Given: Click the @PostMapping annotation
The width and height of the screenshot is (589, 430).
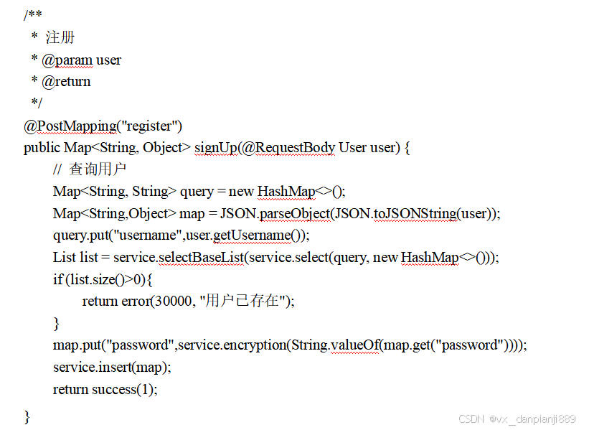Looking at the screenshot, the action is (70, 126).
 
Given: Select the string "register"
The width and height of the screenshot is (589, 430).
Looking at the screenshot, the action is (149, 126).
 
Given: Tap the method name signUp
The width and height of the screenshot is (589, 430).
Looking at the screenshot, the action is (215, 148).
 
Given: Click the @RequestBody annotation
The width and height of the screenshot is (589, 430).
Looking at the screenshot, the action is (288, 148).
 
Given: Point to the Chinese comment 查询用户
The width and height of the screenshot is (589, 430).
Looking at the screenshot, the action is (98, 169).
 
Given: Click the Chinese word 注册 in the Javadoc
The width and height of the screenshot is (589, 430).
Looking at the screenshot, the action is (60, 37).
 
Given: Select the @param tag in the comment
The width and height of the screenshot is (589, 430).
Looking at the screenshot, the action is (67, 60).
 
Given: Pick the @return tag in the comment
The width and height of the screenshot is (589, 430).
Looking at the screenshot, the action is (66, 81).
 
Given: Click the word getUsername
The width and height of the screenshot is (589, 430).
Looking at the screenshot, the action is (248, 235).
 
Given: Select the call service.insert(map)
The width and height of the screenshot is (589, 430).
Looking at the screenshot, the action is (112, 367).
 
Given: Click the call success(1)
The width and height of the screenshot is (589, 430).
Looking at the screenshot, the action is (124, 389).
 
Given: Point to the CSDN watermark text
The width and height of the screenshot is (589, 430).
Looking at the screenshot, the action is (517, 419).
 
